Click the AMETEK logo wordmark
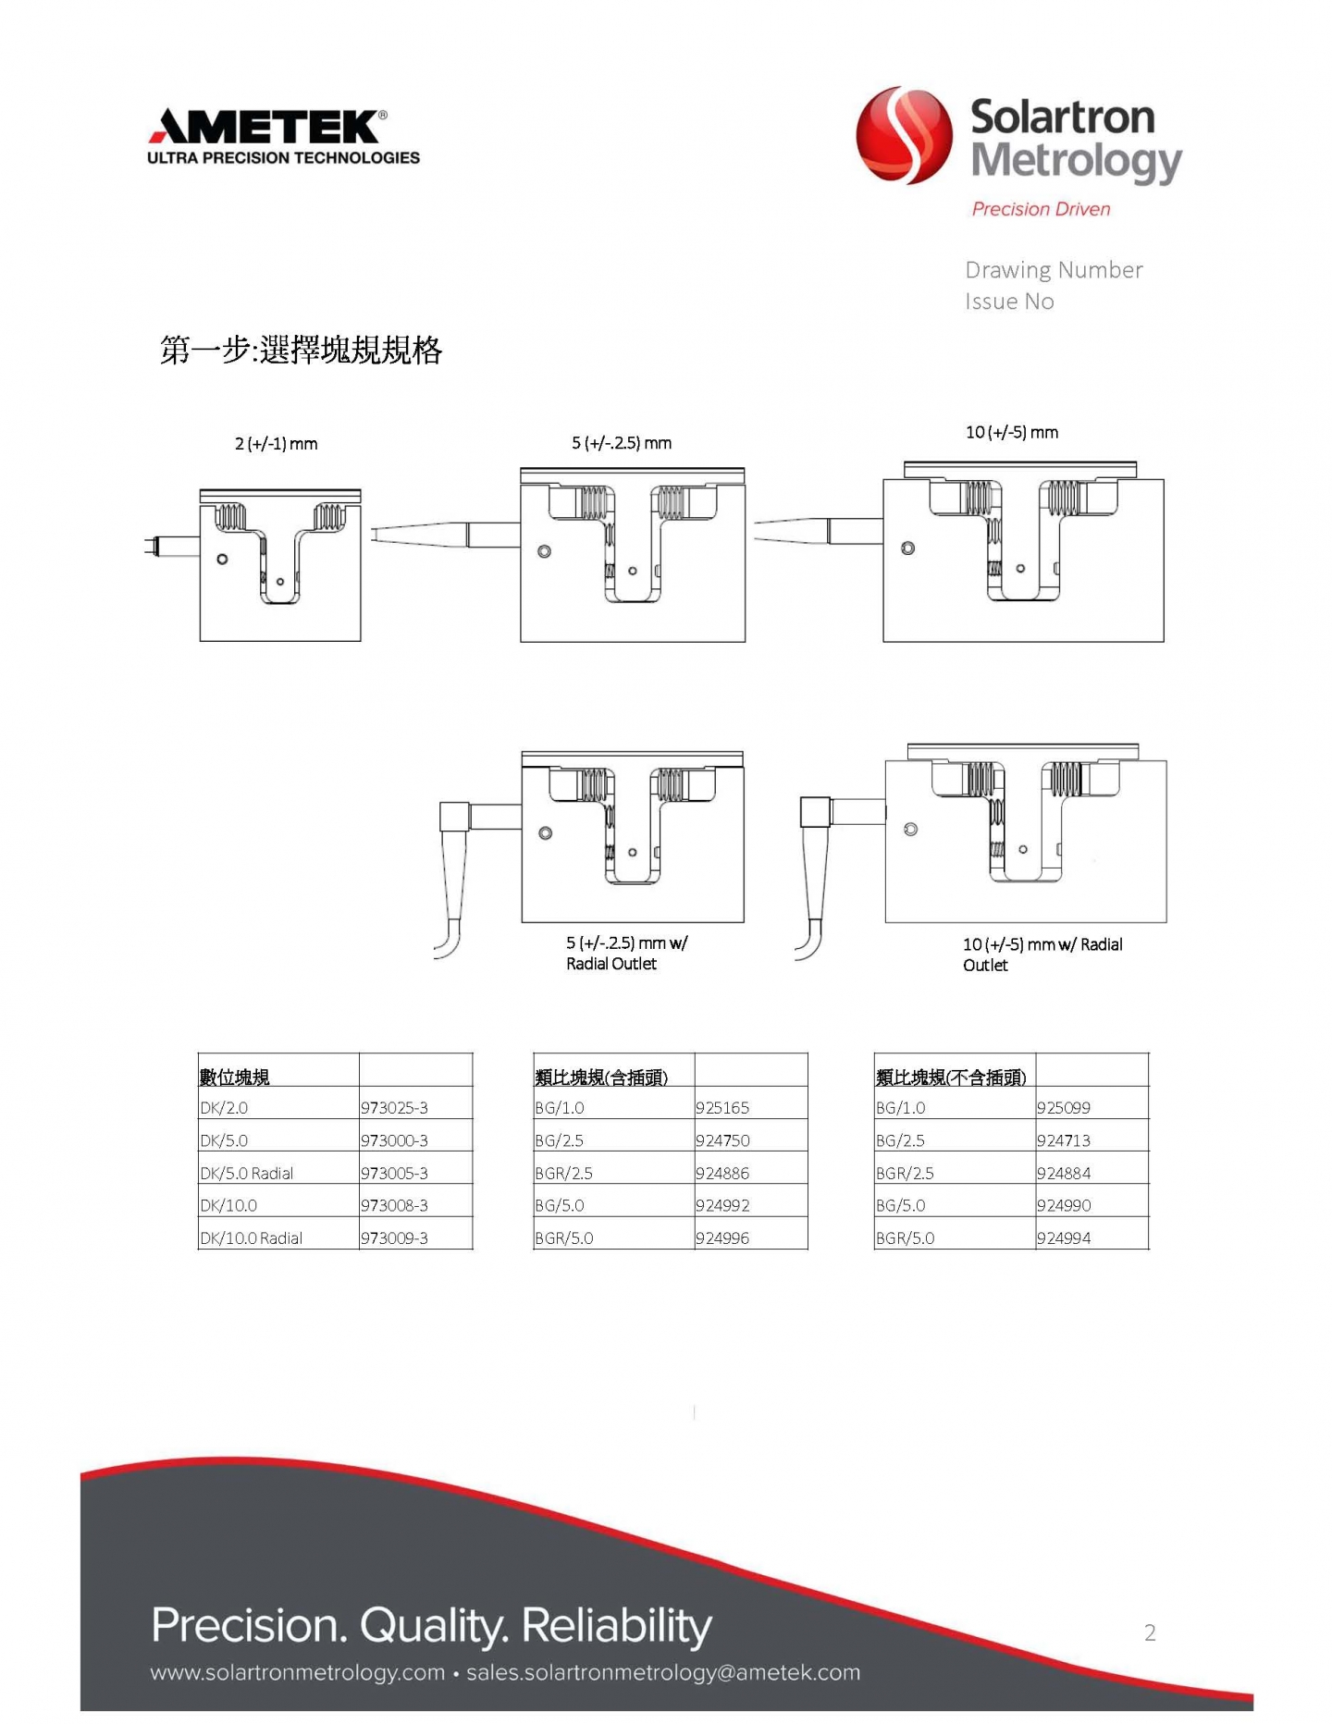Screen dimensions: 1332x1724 click(x=268, y=126)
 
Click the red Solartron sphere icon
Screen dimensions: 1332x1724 click(x=904, y=135)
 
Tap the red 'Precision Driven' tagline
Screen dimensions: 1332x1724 click(x=1041, y=209)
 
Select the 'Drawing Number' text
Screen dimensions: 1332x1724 click(x=1054, y=270)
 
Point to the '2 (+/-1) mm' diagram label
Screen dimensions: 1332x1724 click(x=276, y=444)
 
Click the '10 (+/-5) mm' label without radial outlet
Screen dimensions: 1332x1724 click(x=1012, y=432)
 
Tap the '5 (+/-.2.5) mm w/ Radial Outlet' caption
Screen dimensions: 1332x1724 click(x=626, y=953)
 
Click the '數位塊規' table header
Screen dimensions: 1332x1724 click(x=235, y=1077)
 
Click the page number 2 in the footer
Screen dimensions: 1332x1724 click(x=1150, y=1632)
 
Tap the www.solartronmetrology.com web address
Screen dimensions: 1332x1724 click(x=298, y=1672)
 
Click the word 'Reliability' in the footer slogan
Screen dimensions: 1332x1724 click(x=617, y=1626)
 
